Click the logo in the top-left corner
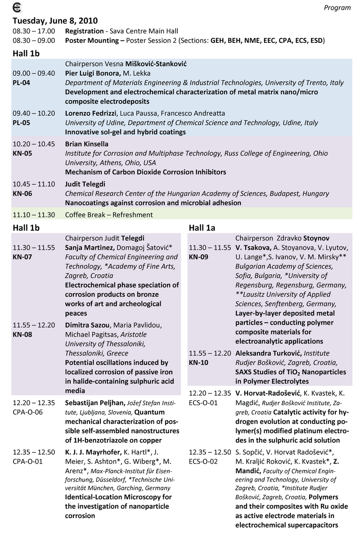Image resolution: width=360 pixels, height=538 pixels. tap(18, 7)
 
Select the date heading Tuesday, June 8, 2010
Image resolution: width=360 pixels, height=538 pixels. tap(55, 21)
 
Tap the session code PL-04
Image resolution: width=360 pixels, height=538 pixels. tap(22, 83)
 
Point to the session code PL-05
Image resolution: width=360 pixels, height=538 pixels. tap(22, 123)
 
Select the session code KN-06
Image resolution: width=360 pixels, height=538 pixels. tap(22, 194)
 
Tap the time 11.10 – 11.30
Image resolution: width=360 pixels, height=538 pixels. tap(34, 215)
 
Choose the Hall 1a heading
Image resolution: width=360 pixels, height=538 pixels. tap(202, 228)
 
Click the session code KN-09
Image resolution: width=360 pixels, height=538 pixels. tap(198, 257)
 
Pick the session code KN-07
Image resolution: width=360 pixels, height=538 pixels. tap(22, 257)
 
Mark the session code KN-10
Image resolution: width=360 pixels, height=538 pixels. tap(198, 362)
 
